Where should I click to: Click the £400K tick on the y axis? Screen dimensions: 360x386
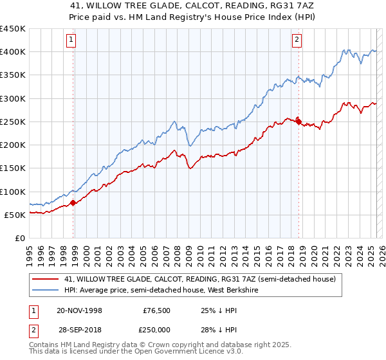click(13, 52)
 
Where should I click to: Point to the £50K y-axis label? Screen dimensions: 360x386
click(15, 215)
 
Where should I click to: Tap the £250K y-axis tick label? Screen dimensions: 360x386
click(13, 122)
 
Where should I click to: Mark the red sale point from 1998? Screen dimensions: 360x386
click(73, 203)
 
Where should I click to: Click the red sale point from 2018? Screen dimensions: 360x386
click(299, 120)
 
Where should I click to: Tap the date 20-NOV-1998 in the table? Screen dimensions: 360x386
click(79, 310)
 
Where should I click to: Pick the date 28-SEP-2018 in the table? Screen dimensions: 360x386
click(79, 329)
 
